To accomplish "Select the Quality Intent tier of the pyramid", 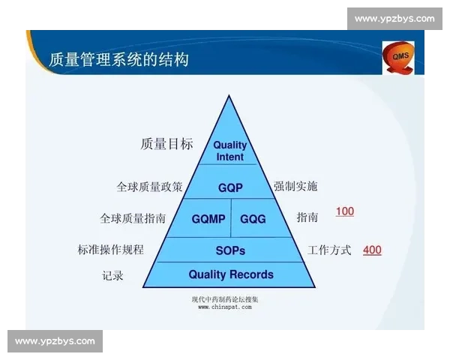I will point(229,151).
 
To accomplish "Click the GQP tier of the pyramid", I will point(230,187).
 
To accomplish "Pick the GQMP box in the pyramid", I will point(208,218).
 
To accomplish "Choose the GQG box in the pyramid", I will point(253,218).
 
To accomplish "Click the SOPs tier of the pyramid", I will point(230,250).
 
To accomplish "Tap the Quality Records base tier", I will point(230,274).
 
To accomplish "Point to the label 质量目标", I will point(166,144).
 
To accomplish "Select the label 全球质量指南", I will point(133,218).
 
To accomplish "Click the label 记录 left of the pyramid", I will point(112,275).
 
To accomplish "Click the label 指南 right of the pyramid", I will point(307,217).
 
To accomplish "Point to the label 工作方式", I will point(329,250).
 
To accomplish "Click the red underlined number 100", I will point(344,211).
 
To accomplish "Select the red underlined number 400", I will point(372,250).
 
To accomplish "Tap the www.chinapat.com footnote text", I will point(225,307).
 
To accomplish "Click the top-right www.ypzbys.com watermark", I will point(394,19).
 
